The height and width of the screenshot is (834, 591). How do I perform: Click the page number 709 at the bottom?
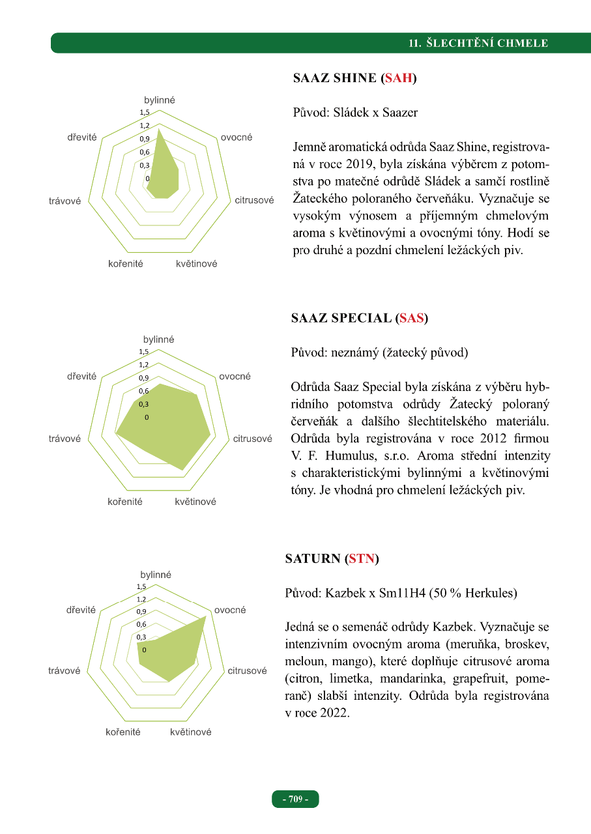click(296, 799)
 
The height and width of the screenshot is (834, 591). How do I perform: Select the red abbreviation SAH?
click(398, 78)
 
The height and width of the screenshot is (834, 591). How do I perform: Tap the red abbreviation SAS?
click(411, 318)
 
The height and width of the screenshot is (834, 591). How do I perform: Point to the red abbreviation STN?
click(362, 558)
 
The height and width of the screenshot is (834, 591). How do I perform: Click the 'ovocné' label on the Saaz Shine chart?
click(237, 137)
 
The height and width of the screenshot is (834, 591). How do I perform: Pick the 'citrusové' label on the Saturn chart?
click(247, 670)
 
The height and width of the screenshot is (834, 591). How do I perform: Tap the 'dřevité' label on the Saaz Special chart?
click(81, 377)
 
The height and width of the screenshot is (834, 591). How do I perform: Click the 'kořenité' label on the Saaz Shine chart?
click(125, 264)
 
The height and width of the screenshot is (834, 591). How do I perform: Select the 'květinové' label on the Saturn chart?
click(190, 732)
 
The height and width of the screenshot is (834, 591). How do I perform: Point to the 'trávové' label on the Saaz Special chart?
click(65, 439)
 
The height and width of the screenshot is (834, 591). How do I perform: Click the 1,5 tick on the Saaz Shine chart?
click(144, 113)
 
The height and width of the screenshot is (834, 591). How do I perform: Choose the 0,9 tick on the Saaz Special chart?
click(143, 378)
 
